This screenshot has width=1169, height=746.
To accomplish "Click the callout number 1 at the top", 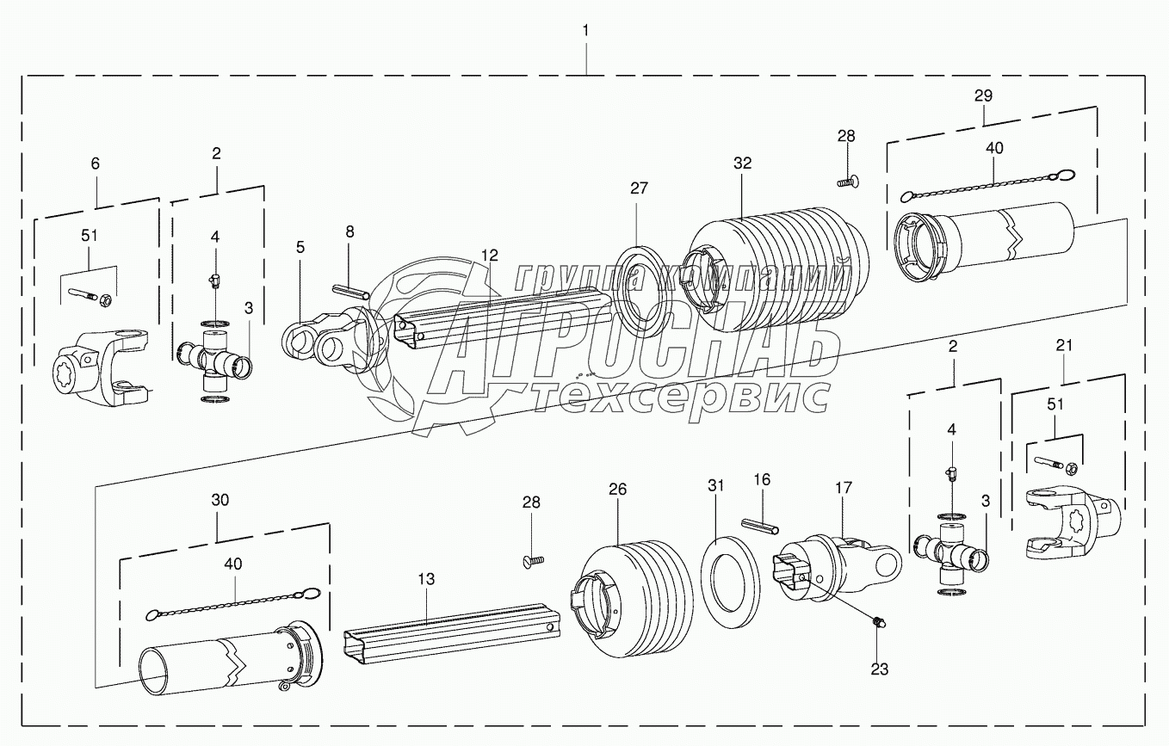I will click(585, 30).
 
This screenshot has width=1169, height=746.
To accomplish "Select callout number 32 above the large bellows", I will click(743, 163).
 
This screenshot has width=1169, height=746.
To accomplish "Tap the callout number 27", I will click(638, 188).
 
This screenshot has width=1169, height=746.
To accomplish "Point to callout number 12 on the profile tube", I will click(490, 255).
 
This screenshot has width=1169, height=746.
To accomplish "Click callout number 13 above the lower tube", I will click(428, 580).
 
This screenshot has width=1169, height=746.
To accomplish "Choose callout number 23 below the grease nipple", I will click(879, 668).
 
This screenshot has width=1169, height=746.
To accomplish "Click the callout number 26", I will click(617, 490).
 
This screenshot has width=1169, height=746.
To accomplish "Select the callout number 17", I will click(843, 487).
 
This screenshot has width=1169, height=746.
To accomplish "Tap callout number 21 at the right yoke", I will click(1064, 345).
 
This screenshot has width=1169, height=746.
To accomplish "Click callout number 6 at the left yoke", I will click(95, 162).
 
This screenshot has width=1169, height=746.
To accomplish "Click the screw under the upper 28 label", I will click(849, 181).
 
